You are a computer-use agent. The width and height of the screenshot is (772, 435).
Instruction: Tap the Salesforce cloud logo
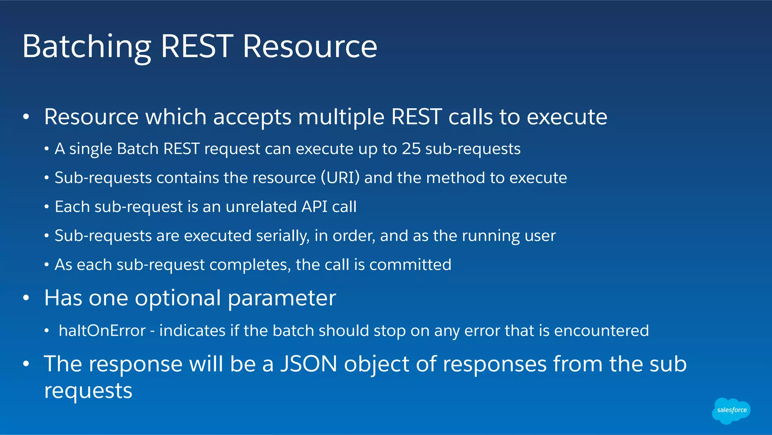(731, 410)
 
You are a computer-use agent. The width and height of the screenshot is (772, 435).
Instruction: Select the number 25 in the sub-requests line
(411, 149)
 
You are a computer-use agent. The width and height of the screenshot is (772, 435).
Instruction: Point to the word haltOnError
(102, 331)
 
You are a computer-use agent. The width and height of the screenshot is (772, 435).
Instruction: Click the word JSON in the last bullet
(309, 364)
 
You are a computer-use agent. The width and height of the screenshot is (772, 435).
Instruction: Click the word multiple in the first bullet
(341, 117)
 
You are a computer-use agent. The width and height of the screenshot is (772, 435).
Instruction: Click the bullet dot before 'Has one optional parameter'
(26, 298)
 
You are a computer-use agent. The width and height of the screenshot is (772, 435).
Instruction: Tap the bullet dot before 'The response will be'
(26, 364)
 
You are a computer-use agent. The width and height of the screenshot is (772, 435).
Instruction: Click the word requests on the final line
(88, 391)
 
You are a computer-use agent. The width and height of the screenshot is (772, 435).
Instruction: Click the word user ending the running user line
(541, 236)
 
